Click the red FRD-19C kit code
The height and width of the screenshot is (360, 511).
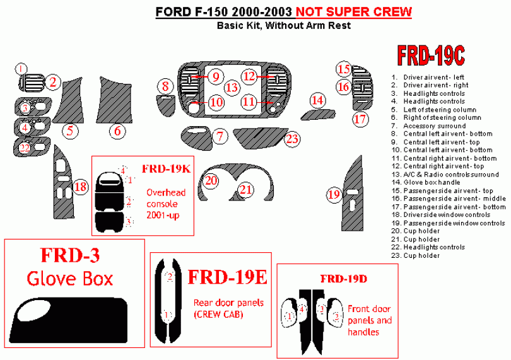431,56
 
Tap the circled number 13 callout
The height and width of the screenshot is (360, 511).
232,87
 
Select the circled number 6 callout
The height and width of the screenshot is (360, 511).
117,131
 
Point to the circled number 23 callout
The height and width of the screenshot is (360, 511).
291,139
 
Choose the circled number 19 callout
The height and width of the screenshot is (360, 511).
334,195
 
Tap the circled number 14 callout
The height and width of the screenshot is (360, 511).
317,100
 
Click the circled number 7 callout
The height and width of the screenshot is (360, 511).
219,136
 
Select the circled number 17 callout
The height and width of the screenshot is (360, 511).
360,119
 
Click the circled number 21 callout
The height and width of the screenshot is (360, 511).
246,189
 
